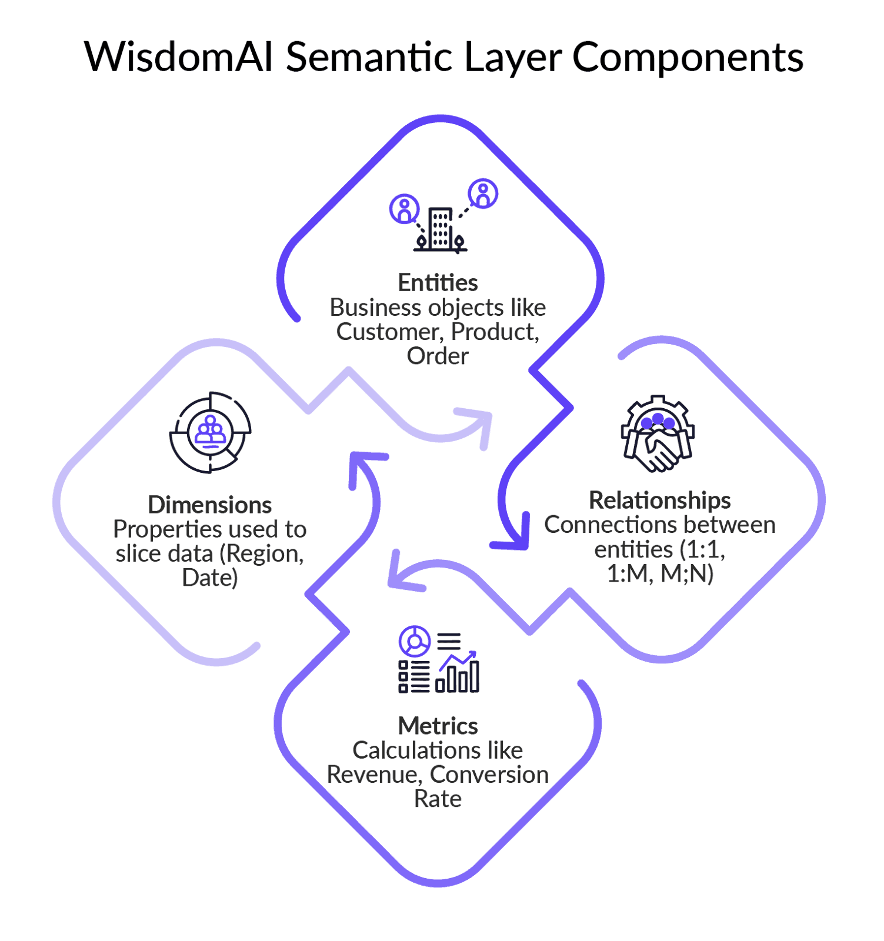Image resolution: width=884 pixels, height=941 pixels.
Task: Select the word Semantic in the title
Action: point(369,58)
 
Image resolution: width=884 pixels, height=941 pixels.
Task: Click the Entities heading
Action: point(438,283)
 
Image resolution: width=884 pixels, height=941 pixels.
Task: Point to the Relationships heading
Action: point(659,500)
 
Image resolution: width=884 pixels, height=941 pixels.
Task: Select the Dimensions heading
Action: point(209,505)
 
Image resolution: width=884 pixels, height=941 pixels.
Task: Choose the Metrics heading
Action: point(438,726)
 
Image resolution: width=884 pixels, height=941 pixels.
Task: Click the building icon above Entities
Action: point(441,229)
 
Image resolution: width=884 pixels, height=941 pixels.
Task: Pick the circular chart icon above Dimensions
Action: point(210,432)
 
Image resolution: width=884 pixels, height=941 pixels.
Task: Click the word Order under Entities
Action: point(438,356)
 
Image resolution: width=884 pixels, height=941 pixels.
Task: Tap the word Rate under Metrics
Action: point(438,799)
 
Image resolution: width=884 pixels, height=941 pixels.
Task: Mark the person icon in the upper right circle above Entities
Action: point(483,193)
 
